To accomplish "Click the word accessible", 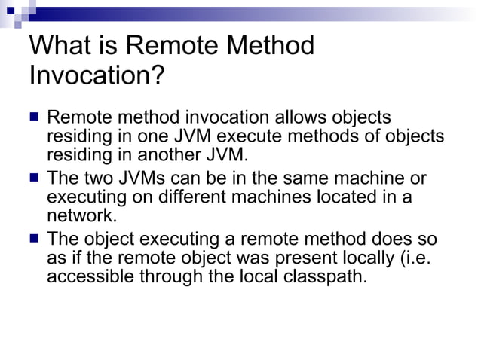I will coord(90,276).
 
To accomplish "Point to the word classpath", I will coord(321,276).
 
